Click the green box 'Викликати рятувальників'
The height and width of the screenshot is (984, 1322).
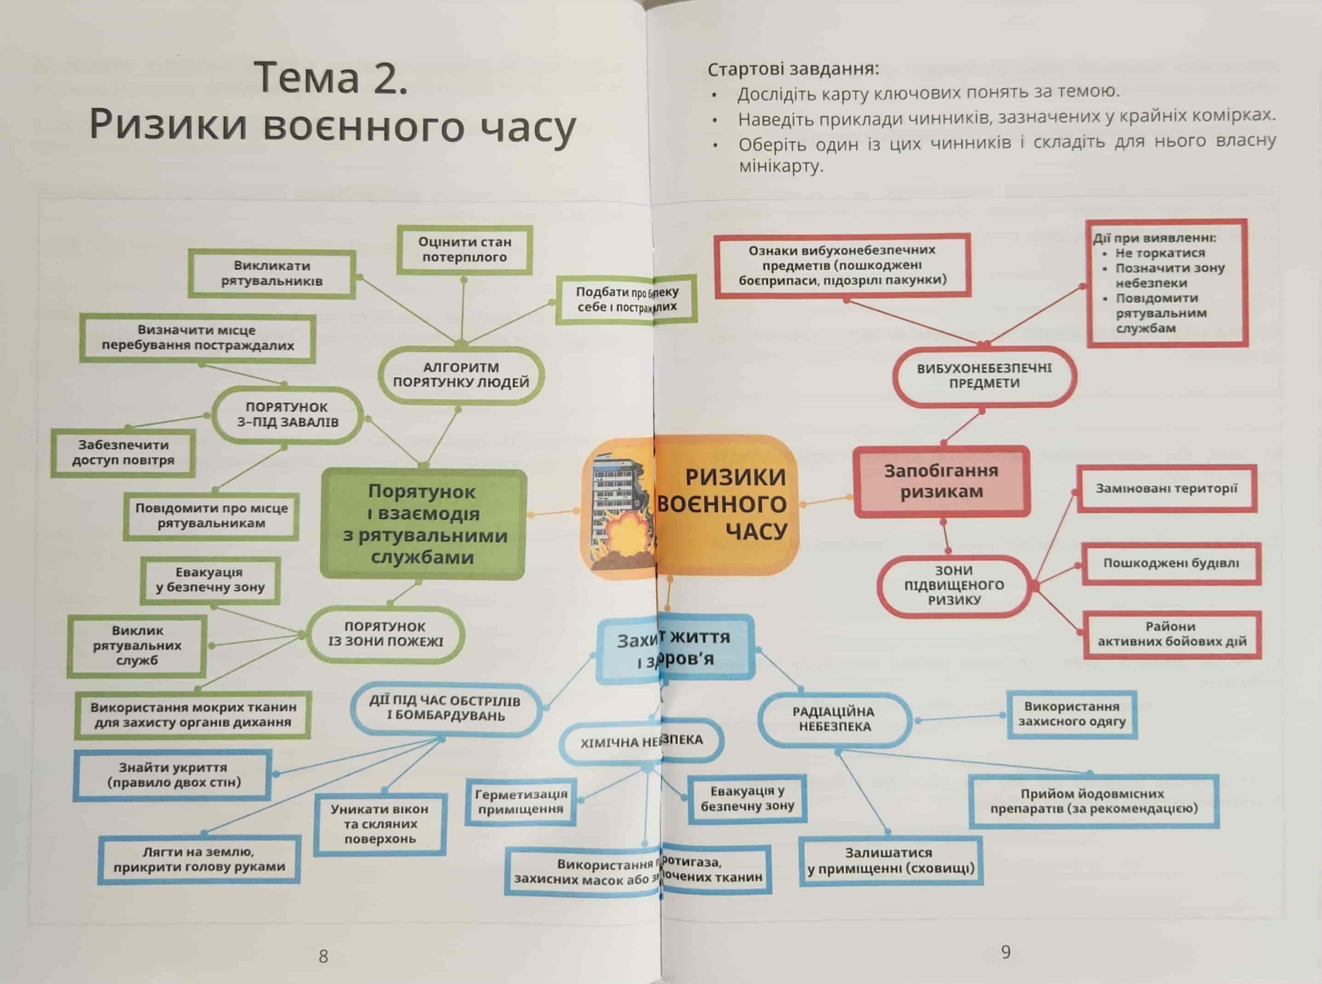(272, 274)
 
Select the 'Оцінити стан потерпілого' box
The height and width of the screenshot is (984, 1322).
(464, 250)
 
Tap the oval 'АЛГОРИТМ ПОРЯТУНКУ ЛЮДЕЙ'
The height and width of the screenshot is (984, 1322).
(461, 375)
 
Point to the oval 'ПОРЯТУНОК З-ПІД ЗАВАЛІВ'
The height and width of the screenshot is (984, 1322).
(288, 414)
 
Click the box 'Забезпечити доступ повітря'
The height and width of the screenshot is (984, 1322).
(123, 453)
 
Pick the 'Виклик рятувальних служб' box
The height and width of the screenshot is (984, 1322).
(137, 645)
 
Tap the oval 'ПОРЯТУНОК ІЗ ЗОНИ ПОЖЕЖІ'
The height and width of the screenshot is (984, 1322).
(385, 634)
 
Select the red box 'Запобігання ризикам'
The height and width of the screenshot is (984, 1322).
(941, 481)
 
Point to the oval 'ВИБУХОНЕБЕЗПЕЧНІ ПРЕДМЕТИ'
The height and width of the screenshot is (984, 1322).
(984, 376)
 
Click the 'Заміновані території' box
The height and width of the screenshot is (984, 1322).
(1166, 488)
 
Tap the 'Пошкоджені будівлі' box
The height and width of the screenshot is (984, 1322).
(1171, 563)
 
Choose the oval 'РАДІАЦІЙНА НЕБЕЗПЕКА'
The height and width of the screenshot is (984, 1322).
(835, 719)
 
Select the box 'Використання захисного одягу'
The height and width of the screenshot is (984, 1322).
(1072, 714)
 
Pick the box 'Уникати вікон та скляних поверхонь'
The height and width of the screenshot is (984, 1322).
(380, 824)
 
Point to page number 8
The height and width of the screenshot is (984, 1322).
(323, 957)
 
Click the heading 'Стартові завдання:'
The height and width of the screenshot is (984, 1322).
(793, 70)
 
